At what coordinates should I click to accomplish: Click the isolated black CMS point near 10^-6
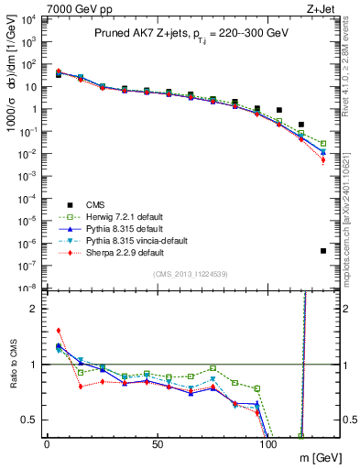point(323,251)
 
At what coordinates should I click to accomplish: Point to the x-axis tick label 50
point(158,444)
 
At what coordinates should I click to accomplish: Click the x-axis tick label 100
point(269,444)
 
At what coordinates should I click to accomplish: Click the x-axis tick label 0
point(47,444)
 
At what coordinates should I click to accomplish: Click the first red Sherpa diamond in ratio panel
point(59,331)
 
